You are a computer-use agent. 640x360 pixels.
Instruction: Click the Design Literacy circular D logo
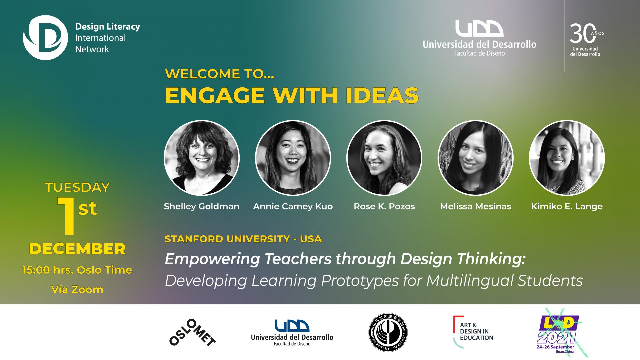point(45,38)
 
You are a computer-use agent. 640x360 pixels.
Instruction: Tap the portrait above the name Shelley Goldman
point(202,158)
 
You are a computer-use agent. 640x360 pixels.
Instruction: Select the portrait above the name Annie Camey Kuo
point(293,158)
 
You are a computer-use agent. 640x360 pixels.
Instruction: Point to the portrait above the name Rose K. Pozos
point(384,158)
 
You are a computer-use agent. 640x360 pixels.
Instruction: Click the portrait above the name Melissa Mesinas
point(476,158)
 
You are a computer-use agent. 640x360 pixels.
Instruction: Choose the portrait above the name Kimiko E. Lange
point(567,158)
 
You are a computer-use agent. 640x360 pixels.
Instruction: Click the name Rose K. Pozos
point(384,206)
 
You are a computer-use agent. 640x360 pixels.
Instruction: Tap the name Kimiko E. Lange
point(567,207)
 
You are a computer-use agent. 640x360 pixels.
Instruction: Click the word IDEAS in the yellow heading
point(382,96)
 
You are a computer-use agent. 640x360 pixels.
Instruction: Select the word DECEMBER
point(77,249)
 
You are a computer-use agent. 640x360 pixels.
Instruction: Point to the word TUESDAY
point(77,187)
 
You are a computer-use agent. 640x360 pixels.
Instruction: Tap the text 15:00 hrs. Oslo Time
point(77,270)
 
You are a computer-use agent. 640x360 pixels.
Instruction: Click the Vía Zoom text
point(77,289)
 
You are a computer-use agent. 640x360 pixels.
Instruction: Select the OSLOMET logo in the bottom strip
point(192,333)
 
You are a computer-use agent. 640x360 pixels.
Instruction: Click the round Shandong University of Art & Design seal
point(388,332)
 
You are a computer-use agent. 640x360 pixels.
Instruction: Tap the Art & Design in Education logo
point(473,332)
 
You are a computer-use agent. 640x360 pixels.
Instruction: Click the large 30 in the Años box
point(582,33)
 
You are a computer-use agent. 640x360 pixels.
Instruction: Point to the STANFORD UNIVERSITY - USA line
point(243,239)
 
